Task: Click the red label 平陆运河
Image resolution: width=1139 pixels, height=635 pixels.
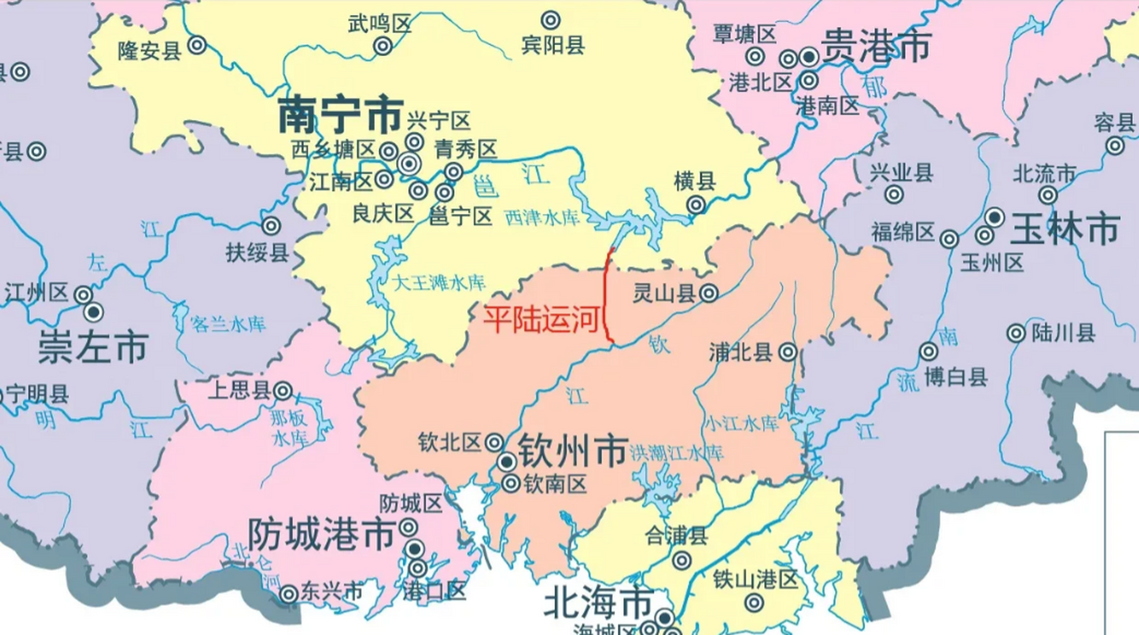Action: pos(542,319)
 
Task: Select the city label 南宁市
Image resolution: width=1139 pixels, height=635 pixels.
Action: pos(340,115)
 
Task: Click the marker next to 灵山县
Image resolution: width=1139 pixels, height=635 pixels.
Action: pos(709,293)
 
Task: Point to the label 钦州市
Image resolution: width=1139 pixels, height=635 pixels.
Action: pos(573,450)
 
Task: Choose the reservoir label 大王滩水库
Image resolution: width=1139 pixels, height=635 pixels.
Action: pos(438,283)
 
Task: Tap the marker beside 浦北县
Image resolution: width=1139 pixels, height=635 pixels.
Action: pos(788,352)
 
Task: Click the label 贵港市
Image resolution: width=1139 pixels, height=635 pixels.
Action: pos(876,46)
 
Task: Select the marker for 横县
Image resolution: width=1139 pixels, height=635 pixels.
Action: pos(696,204)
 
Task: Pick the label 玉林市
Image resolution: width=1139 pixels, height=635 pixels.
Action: pos(1065,229)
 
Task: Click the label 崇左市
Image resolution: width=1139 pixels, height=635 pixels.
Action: pos(93,347)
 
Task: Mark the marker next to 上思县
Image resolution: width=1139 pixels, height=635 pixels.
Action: pos(283,391)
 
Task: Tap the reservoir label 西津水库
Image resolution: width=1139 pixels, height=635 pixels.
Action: pos(541,217)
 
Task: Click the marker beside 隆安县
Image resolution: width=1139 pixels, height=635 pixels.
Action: pos(197,46)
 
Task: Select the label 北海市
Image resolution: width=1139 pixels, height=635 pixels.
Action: pos(598,602)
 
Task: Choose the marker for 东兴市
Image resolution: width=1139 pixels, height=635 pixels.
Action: pos(288,594)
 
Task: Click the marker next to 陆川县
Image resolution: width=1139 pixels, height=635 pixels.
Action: pos(1016,333)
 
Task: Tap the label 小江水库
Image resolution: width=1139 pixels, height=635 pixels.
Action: pos(741,424)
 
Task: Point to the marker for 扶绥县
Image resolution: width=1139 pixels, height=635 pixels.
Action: pos(271,226)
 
